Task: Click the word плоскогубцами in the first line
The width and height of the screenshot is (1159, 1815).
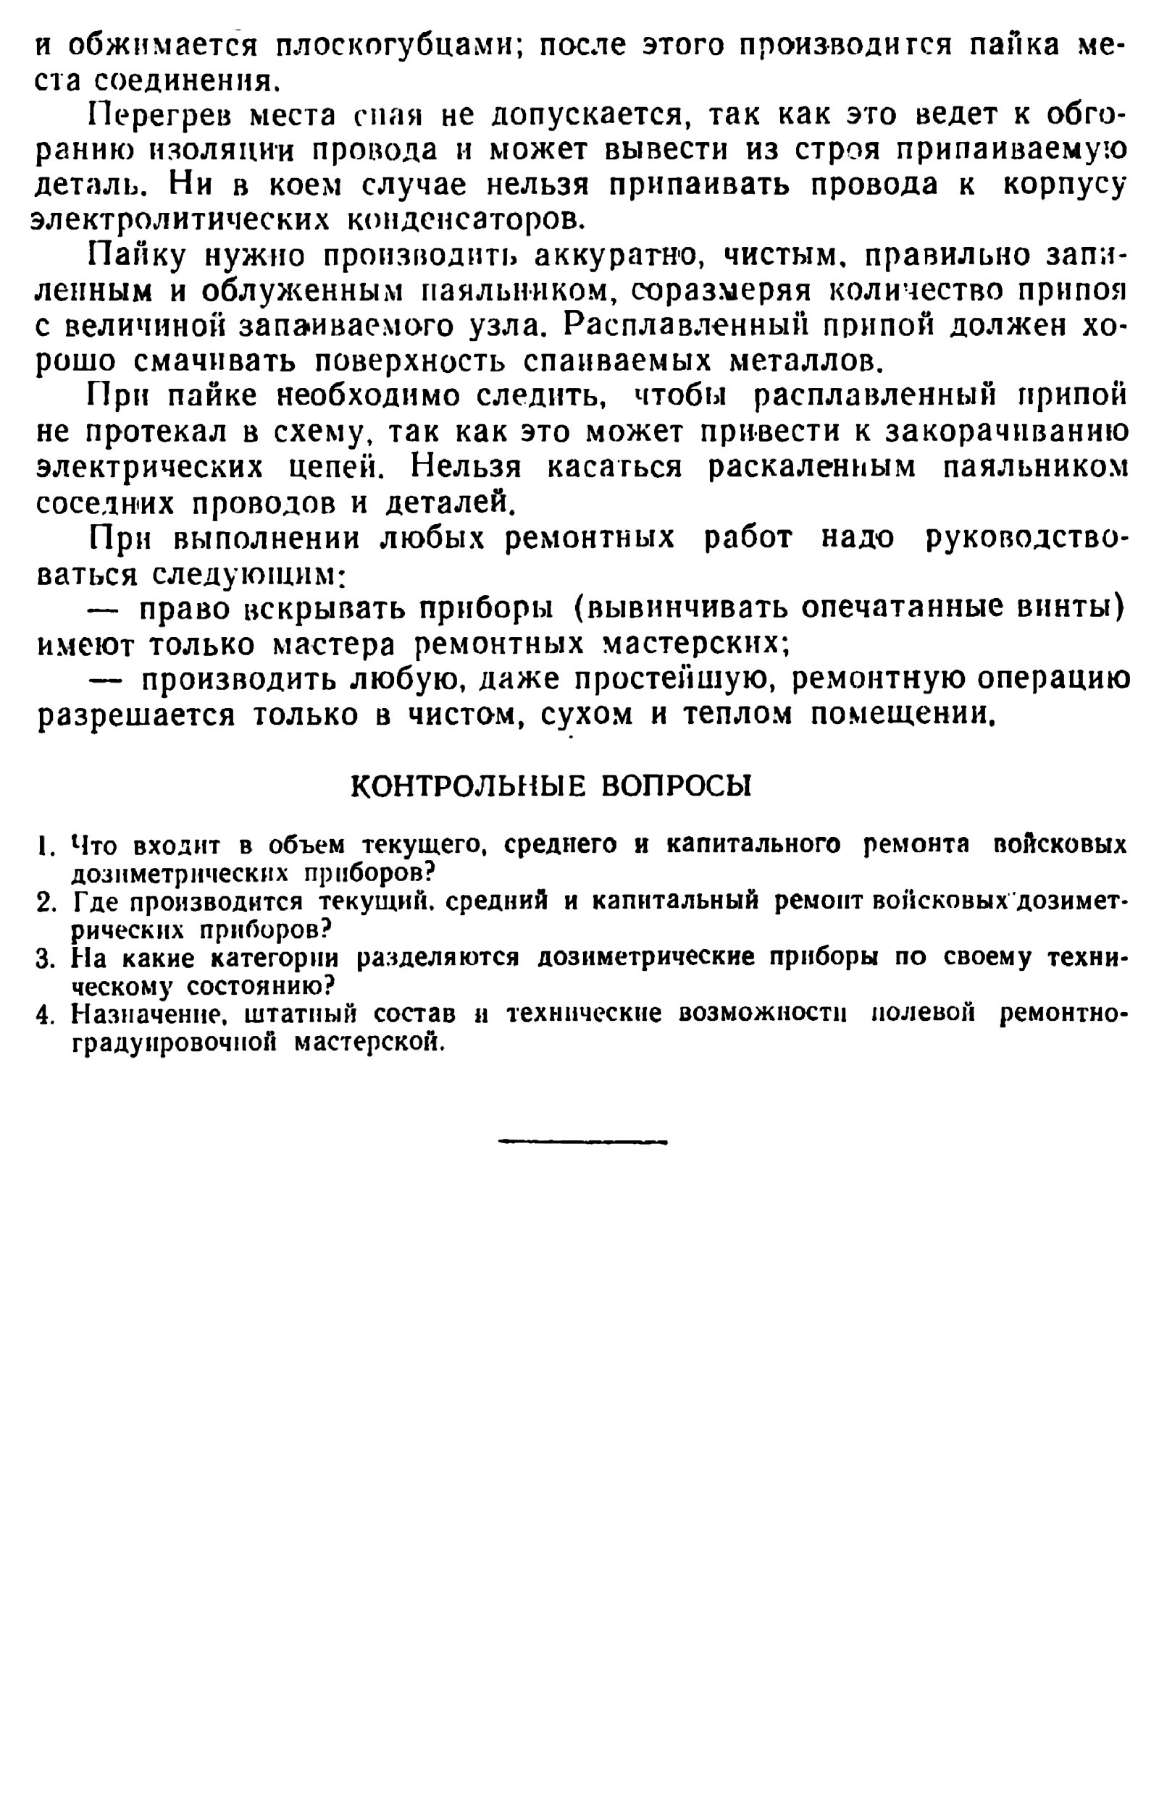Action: (393, 47)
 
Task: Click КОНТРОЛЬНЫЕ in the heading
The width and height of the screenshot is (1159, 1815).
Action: (468, 786)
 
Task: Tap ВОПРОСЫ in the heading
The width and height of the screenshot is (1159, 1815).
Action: (677, 786)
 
